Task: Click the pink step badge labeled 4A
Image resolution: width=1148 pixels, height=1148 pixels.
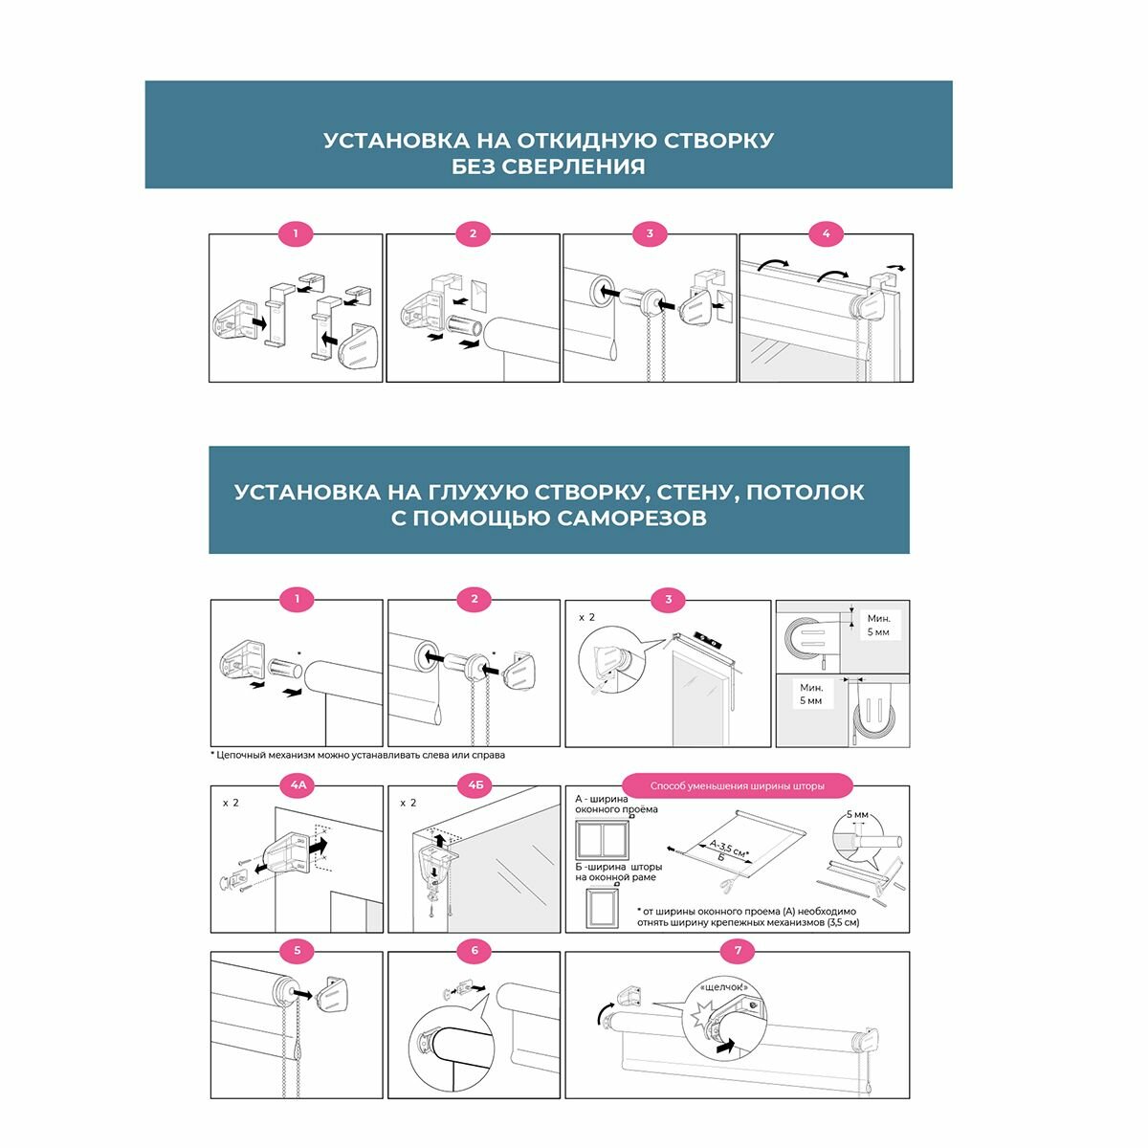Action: click(298, 786)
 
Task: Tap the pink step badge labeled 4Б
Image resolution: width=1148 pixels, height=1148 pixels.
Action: click(475, 786)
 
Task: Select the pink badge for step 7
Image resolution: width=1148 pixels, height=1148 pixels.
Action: click(738, 951)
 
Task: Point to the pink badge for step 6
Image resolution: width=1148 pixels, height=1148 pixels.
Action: click(475, 951)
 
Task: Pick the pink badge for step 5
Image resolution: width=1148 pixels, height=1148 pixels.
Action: click(298, 951)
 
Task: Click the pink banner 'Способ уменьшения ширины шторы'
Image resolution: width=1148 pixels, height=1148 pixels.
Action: click(737, 786)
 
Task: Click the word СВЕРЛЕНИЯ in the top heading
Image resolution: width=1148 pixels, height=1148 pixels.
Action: click(576, 166)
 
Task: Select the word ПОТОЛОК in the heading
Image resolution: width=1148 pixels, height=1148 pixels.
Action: click(805, 493)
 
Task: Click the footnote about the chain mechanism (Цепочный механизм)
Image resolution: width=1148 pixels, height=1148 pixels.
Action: click(358, 755)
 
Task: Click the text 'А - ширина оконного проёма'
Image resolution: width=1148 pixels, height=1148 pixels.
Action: click(616, 804)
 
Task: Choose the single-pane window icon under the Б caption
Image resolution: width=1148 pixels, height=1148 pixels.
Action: click(602, 908)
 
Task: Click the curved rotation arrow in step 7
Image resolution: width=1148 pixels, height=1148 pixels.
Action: click(604, 1008)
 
